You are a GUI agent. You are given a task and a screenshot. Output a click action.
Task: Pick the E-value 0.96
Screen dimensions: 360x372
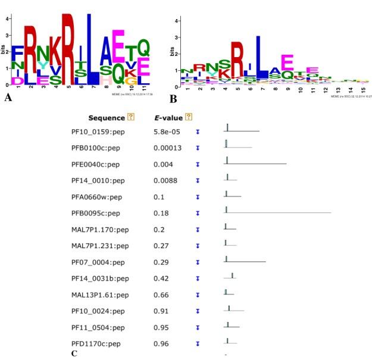(161, 343)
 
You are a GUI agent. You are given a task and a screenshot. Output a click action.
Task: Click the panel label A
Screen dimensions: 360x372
(8, 98)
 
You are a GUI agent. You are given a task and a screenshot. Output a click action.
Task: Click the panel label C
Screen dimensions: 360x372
(74, 353)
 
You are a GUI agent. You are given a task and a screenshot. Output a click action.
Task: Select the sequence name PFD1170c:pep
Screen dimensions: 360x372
(96, 343)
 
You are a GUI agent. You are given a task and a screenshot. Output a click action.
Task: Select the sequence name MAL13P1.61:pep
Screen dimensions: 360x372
(98, 295)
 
